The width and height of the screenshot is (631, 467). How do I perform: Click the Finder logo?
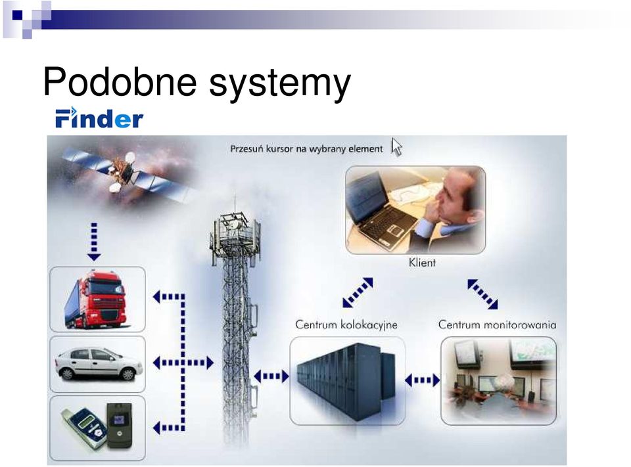pyautogui.click(x=99, y=118)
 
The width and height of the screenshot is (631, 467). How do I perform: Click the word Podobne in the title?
pyautogui.click(x=120, y=81)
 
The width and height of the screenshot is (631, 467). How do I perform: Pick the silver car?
pyautogui.click(x=99, y=364)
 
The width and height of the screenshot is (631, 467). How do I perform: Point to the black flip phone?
pyautogui.click(x=119, y=425)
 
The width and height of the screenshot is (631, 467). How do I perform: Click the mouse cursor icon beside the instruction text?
pyautogui.click(x=396, y=146)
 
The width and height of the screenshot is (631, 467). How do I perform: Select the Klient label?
pyautogui.click(x=422, y=263)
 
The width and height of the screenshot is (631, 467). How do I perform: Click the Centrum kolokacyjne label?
pyautogui.click(x=346, y=324)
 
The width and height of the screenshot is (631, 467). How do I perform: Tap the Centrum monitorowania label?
pyautogui.click(x=497, y=324)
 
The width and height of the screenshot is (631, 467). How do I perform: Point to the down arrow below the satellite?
pyautogui.click(x=94, y=241)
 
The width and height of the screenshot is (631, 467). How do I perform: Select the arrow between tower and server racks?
pyautogui.click(x=271, y=376)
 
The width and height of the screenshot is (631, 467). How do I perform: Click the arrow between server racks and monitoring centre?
pyautogui.click(x=422, y=380)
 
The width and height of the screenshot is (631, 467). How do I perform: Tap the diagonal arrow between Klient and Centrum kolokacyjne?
pyautogui.click(x=358, y=292)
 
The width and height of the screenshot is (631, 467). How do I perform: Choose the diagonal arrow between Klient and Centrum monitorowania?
pyautogui.click(x=482, y=294)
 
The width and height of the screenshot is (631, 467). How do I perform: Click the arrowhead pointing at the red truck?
pyautogui.click(x=156, y=297)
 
